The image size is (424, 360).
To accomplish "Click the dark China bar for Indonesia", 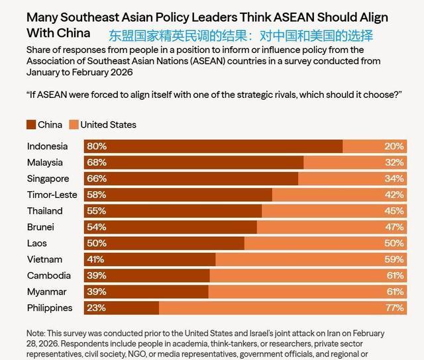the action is click(x=213, y=146).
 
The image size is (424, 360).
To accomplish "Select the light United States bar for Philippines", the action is click(x=283, y=308).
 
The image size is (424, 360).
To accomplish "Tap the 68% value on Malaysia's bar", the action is click(x=97, y=163).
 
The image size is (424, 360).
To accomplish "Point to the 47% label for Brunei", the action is click(x=395, y=227).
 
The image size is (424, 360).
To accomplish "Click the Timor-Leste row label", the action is click(x=52, y=195).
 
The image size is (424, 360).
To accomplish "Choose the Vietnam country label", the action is click(x=44, y=259).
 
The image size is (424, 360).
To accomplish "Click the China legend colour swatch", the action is click(x=31, y=125).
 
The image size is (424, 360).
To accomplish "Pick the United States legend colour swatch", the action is click(x=74, y=125).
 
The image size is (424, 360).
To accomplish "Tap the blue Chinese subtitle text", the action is click(x=241, y=36).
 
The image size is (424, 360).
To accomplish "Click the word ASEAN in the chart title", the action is click(x=294, y=17).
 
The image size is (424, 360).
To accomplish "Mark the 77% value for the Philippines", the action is click(x=395, y=308).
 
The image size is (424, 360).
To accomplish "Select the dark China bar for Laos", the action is click(x=164, y=244).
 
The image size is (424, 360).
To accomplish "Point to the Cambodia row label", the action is click(x=49, y=275).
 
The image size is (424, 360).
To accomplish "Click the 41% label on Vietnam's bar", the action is click(x=95, y=259).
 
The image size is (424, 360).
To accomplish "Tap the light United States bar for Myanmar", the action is click(x=307, y=292).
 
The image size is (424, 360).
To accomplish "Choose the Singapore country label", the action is click(x=48, y=179).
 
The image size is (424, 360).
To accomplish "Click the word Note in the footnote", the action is click(x=36, y=334).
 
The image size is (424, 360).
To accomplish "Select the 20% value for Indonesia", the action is click(x=394, y=146).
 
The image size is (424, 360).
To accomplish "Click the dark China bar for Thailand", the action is click(x=173, y=211).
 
